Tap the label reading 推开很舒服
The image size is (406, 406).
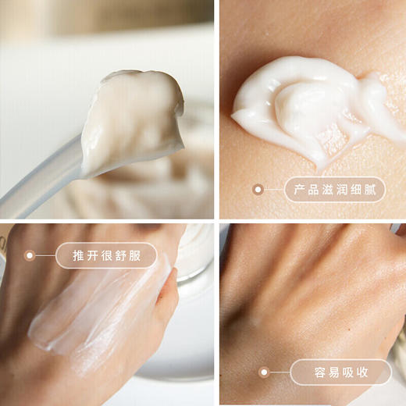point(106,255)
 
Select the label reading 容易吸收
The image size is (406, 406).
point(340,372)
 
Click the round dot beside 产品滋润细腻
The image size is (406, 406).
point(258,189)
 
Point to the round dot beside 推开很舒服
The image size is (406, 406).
point(30,255)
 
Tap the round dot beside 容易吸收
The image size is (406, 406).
point(264,372)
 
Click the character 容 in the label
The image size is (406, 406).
point(312,372)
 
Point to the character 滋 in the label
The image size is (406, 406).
point(327,190)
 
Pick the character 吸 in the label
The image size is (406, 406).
point(350,372)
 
